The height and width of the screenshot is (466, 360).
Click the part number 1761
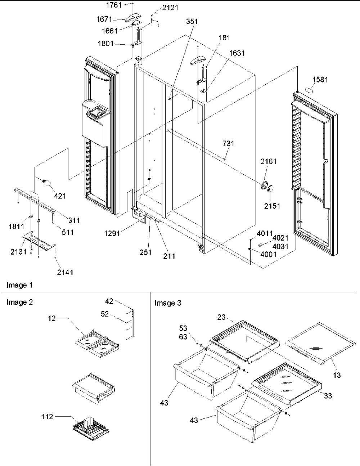click(114, 5)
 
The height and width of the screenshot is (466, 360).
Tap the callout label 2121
click(170, 8)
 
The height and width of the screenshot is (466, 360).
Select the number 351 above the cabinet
click(192, 22)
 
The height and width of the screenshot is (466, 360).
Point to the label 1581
click(320, 80)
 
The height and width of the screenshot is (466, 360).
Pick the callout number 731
click(228, 143)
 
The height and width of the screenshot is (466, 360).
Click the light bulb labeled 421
click(47, 183)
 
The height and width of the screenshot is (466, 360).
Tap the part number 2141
click(65, 272)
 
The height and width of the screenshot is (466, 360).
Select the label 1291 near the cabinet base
click(112, 233)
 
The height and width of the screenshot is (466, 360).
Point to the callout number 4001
click(268, 254)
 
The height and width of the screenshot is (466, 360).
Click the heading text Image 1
click(19, 285)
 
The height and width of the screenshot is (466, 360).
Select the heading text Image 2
click(20, 302)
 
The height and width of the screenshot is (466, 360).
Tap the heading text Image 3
click(168, 303)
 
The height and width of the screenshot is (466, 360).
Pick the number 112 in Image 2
click(47, 416)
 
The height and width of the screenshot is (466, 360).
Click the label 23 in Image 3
click(221, 323)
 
